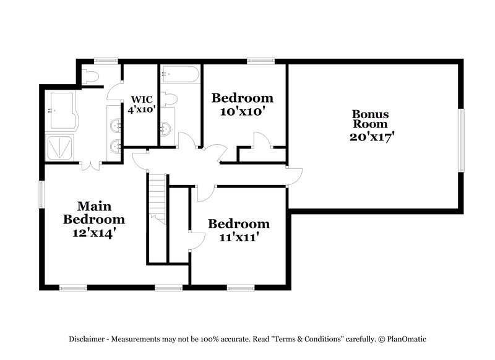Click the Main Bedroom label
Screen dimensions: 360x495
(x=93, y=220)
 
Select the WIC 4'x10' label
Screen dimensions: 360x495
(x=140, y=104)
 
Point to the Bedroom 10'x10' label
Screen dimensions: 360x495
(x=242, y=104)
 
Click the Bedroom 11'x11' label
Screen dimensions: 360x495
(x=238, y=229)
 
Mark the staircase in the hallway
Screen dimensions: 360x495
(x=158, y=198)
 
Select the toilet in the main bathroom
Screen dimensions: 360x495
(x=90, y=77)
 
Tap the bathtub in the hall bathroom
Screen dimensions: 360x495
(x=180, y=76)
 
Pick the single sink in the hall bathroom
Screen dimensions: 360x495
(x=166, y=129)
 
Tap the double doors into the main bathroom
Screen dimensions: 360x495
(x=90, y=165)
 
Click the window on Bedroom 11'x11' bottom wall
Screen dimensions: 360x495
(x=241, y=287)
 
